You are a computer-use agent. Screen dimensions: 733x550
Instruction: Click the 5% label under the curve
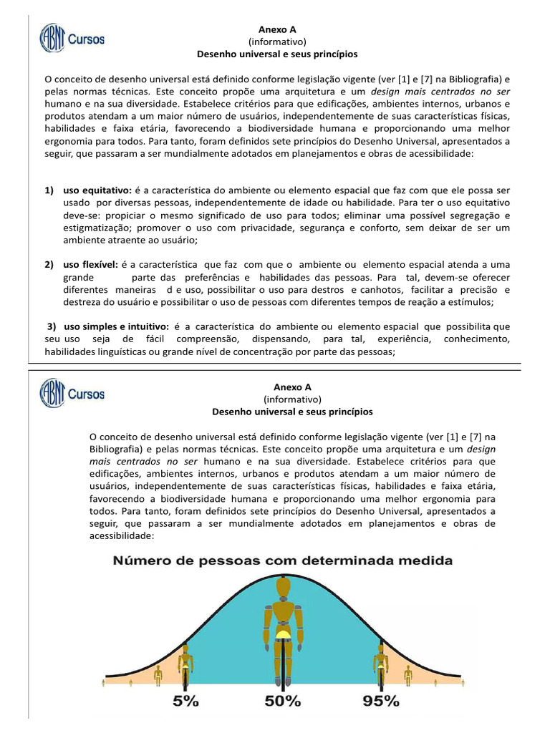point(185,702)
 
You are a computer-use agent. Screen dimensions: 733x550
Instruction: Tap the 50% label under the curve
point(283,702)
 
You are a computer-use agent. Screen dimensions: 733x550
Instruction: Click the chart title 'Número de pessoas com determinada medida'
point(282,561)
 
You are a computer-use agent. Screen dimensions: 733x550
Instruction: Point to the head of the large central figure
point(284,588)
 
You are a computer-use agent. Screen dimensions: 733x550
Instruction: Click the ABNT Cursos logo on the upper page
point(72,39)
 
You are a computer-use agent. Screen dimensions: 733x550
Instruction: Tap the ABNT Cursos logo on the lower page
point(72,393)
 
